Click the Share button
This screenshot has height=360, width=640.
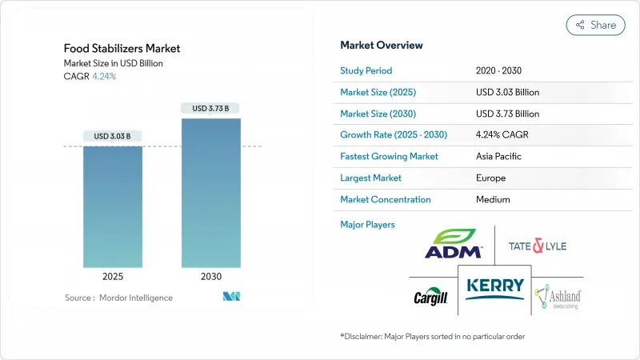click(x=595, y=25)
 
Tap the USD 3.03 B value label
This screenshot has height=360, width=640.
click(x=113, y=137)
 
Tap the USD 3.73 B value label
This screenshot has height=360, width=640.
click(x=210, y=108)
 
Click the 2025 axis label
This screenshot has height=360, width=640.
click(x=113, y=278)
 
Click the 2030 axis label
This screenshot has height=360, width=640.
click(x=210, y=278)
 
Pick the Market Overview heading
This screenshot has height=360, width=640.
click(x=382, y=45)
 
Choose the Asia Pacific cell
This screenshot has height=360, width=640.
click(x=501, y=156)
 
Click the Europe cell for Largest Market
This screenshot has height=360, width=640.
click(x=490, y=178)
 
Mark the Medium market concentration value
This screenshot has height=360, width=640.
click(x=493, y=199)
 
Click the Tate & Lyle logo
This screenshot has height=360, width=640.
click(x=538, y=246)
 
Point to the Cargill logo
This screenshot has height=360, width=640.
click(x=430, y=297)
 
